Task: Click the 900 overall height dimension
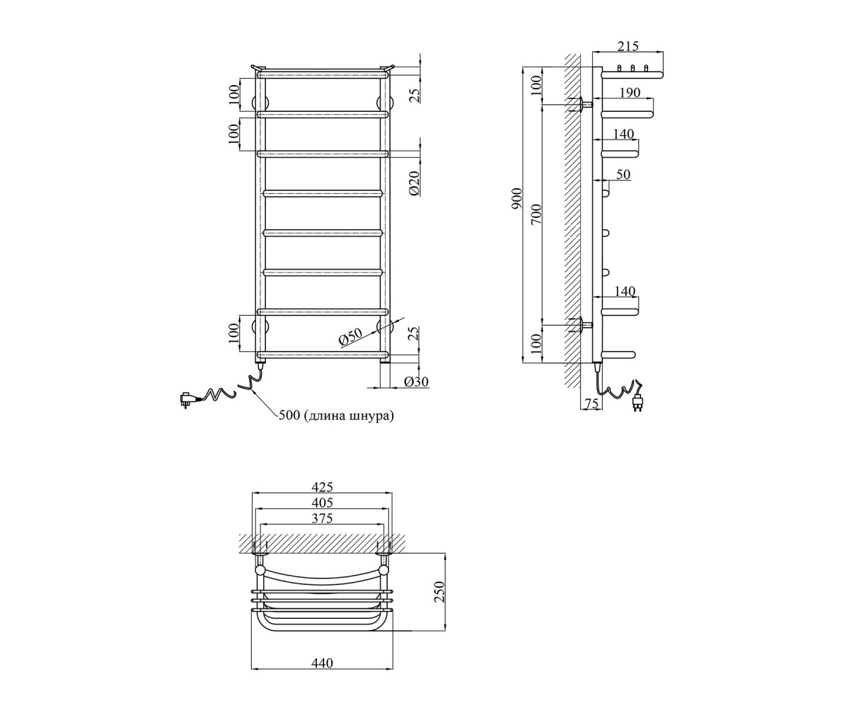coord(516,199)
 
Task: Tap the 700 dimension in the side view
coord(537,215)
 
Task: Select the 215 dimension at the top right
coord(628,47)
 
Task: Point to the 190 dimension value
coord(630,93)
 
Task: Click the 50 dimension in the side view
coord(623,174)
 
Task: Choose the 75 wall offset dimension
coord(591,404)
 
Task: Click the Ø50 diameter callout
coord(350,337)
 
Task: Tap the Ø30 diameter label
coord(417,382)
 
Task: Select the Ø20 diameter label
coord(414,184)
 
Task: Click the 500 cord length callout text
coord(336,416)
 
